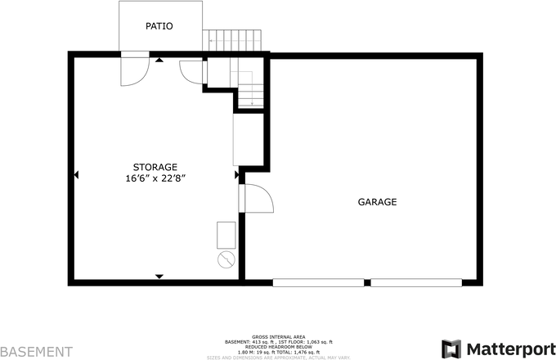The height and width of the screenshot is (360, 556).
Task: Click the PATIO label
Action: [159, 26]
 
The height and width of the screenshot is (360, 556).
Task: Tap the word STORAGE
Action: [155, 167]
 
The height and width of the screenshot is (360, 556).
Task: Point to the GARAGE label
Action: [377, 201]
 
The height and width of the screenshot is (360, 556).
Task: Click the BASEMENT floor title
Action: [36, 352]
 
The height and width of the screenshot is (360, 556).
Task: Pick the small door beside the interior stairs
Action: [190, 71]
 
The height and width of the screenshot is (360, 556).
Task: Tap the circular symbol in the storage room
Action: [226, 259]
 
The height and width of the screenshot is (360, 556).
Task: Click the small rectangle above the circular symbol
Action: [226, 235]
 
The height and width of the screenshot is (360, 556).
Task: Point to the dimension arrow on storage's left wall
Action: [76, 174]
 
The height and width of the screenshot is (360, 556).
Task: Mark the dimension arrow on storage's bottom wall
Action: [159, 277]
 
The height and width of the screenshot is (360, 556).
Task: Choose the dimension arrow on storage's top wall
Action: [159, 61]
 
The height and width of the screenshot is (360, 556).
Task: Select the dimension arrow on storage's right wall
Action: [236, 174]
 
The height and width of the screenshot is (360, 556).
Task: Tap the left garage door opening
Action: [319, 283]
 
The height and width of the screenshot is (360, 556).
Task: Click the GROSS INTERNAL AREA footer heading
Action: [279, 336]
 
